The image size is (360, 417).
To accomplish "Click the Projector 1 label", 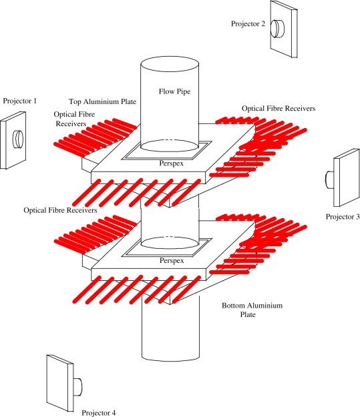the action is [x=20, y=101].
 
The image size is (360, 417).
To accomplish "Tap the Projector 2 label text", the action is [x=248, y=24].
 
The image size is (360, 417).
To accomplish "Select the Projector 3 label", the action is [x=343, y=217].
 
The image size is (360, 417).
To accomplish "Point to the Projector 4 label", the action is [x=99, y=412].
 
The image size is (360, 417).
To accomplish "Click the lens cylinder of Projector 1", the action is [x=18, y=139].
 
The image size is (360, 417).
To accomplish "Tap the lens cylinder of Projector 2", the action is [x=277, y=28].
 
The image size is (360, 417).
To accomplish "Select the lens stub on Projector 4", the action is [x=77, y=387].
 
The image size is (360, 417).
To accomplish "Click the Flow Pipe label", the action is [x=175, y=91].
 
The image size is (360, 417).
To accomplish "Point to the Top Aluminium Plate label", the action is [x=102, y=101].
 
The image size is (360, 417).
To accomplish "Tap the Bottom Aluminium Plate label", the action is [x=252, y=310].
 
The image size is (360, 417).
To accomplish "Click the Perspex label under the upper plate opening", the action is [x=172, y=163].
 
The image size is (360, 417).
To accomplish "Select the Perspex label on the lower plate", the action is [x=172, y=260].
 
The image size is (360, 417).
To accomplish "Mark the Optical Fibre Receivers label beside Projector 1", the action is [x=74, y=119].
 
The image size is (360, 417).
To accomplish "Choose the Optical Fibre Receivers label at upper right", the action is [x=279, y=109].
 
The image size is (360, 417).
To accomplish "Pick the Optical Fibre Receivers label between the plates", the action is [x=60, y=210].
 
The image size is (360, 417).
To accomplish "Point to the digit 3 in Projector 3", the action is [x=357, y=217].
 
